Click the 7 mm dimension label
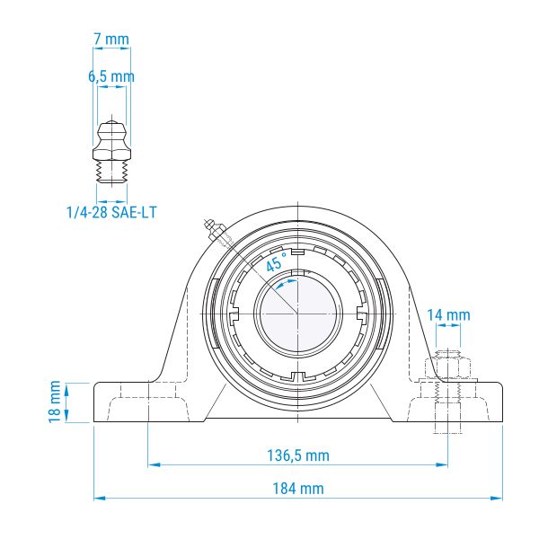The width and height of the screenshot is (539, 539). coord(111,40)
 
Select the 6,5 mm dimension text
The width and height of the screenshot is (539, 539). coord(111,76)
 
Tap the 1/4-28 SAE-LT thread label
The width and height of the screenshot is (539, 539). coord(111,212)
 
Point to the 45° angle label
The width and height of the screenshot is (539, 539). coord(277,262)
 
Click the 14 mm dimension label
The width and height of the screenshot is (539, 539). coord(448,315)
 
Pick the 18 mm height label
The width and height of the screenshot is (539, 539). coord(55,402)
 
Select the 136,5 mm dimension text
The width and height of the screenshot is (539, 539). coord(298,455)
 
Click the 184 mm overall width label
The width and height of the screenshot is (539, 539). coord(298,489)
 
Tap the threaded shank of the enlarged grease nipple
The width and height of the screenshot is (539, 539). coord(111,172)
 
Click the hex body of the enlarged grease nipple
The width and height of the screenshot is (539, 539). coord(111,154)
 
